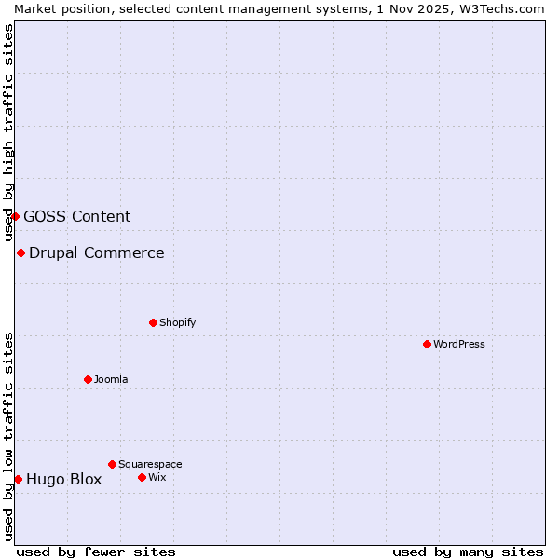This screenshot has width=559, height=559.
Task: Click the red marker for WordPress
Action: point(427,344)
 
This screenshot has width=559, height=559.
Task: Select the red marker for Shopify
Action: point(153,322)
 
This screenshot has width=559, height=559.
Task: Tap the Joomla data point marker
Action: point(88,379)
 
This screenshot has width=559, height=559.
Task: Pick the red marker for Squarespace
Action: point(112,464)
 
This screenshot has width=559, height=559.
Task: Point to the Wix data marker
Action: point(142,477)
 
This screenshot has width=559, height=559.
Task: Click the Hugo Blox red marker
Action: point(18,479)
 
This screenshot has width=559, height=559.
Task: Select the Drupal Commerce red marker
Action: point(20,252)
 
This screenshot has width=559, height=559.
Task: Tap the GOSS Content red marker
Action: point(15,216)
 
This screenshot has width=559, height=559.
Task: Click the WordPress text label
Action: point(459,344)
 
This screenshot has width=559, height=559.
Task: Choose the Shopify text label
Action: point(178,322)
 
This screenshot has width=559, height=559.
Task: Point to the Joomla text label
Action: point(111,379)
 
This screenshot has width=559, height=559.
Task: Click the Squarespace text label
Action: point(150,464)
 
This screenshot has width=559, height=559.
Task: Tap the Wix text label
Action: point(157,477)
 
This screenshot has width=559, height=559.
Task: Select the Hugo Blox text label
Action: point(64,480)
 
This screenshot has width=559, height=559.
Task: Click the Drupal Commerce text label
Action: point(97,252)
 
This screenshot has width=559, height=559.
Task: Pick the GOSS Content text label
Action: point(77,216)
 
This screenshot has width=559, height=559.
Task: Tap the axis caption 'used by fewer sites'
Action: point(96,552)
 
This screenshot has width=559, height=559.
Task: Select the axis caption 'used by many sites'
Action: point(468,552)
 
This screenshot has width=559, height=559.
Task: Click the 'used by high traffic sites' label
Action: point(9,132)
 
